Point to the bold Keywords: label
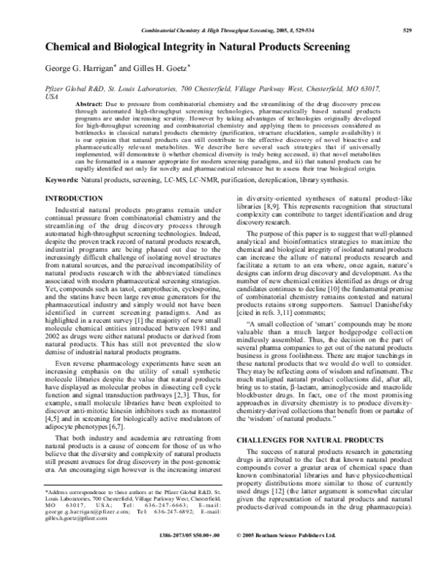62,180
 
